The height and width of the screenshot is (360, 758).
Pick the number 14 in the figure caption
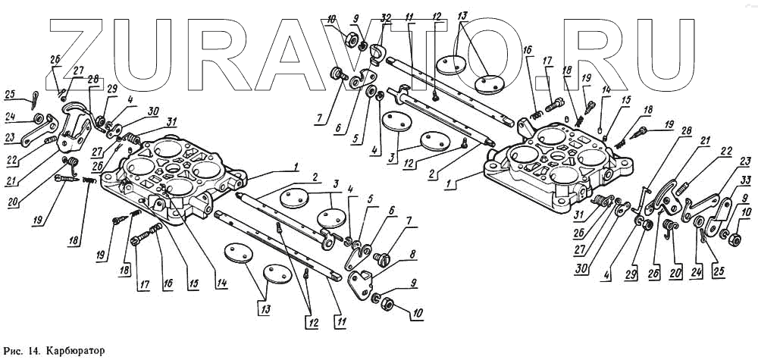coord(35,352)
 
